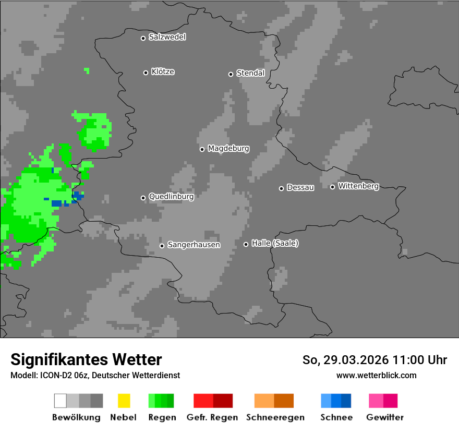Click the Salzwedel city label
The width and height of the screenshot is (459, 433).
click(167, 37)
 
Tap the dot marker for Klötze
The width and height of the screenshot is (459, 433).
click(146, 73)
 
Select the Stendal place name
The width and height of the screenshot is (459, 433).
click(250, 73)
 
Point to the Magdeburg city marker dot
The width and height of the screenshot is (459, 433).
click(202, 149)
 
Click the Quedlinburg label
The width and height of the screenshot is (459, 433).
click(171, 197)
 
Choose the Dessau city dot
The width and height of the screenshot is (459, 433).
click(281, 188)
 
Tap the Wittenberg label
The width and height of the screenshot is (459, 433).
click(358, 186)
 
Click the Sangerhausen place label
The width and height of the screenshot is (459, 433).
click(194, 245)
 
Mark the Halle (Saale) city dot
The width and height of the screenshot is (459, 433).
click(246, 244)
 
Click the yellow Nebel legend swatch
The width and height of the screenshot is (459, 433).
click(124, 401)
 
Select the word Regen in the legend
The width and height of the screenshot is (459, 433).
click(162, 417)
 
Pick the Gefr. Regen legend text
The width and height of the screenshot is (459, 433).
click(212, 417)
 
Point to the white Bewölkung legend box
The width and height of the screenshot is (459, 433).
click(61, 401)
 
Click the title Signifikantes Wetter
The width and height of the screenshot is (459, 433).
click(86, 359)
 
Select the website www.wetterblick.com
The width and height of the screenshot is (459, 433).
click(376, 375)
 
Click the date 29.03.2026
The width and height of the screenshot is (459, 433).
click(356, 360)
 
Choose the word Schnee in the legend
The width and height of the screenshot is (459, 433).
click(336, 417)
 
